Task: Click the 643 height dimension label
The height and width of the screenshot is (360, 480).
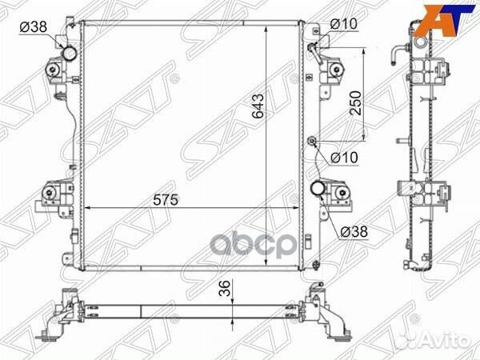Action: (x=258, y=106)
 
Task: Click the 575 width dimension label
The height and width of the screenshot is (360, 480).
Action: (x=166, y=200)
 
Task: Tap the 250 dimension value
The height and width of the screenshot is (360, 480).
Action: (x=355, y=103)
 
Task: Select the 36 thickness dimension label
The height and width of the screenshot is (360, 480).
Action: (x=225, y=288)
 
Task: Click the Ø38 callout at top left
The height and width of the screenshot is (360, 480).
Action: (x=34, y=27)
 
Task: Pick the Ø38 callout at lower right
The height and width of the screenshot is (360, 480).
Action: (x=354, y=232)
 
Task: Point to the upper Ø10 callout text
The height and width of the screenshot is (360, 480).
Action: (x=344, y=24)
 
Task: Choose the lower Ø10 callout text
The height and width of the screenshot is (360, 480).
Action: (x=344, y=158)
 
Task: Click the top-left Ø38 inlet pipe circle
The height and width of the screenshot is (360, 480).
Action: (x=70, y=54)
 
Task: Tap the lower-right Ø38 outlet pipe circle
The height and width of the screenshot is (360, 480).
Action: (x=318, y=189)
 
